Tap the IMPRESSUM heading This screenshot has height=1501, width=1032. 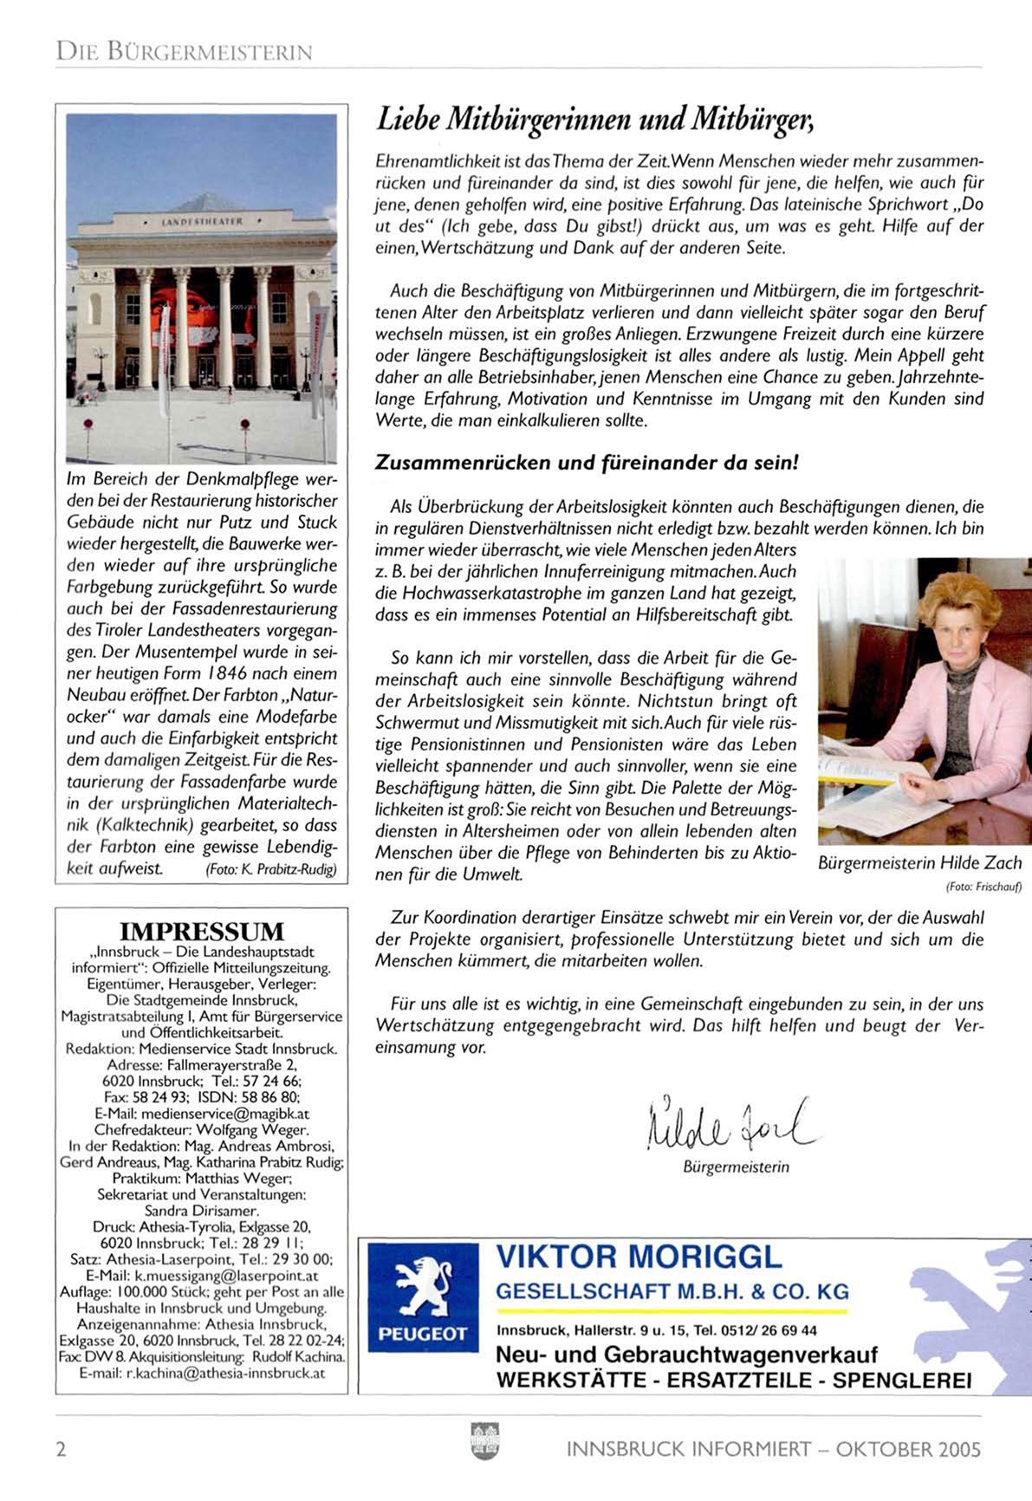click(x=201, y=932)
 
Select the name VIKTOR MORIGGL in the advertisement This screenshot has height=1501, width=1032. click(x=639, y=1257)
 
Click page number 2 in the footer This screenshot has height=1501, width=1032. click(x=61, y=1449)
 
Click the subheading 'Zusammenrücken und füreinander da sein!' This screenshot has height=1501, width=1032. click(x=586, y=463)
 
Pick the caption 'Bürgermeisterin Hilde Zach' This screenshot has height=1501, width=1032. click(x=919, y=863)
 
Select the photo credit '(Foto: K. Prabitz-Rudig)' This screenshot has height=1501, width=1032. click(x=271, y=869)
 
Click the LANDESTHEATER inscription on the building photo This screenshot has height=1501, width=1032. click(x=202, y=222)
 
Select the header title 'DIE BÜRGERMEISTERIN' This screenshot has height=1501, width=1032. click(x=184, y=52)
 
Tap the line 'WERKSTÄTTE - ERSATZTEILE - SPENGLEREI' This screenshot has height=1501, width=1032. click(x=733, y=1381)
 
